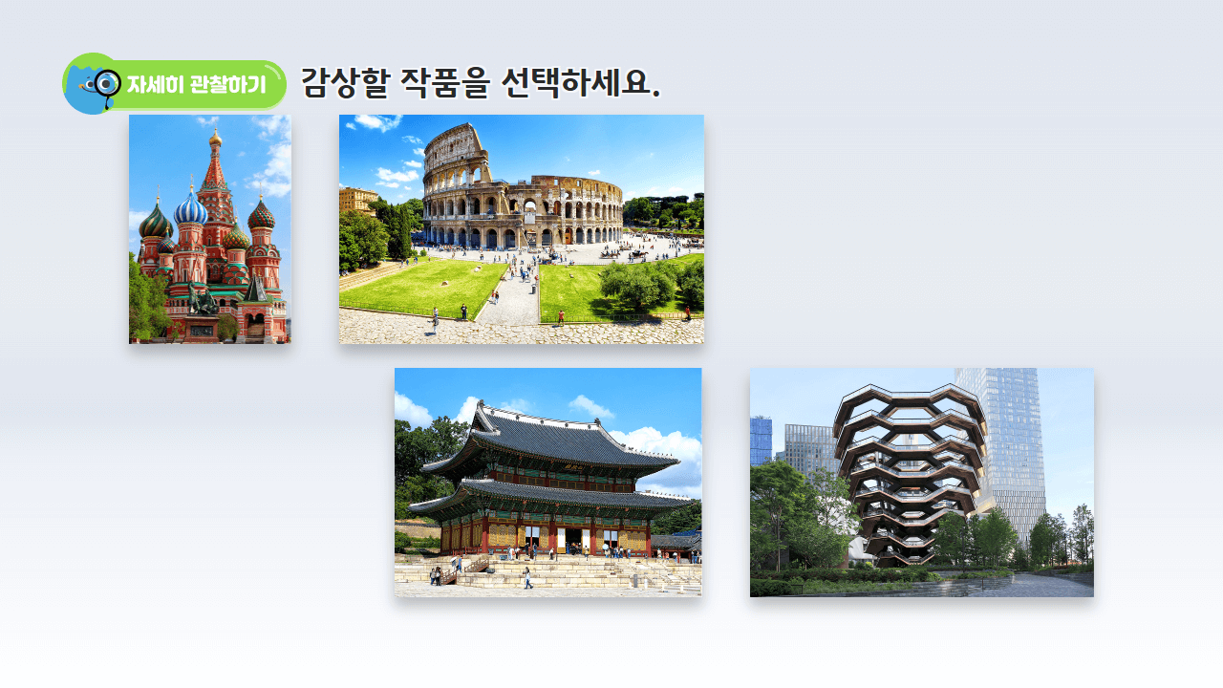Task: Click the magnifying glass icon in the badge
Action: coord(106,83)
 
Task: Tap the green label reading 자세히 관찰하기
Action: coord(196,84)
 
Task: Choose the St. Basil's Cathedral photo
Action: coord(210,229)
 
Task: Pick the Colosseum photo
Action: coord(522,229)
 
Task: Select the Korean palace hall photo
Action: coord(548,483)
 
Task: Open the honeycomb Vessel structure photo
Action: coord(922,483)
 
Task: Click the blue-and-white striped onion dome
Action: coord(190,208)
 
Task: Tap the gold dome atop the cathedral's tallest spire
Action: coord(215,140)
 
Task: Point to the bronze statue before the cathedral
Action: coord(202,301)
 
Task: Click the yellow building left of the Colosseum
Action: coord(357,200)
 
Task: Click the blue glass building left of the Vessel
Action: coord(761,440)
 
